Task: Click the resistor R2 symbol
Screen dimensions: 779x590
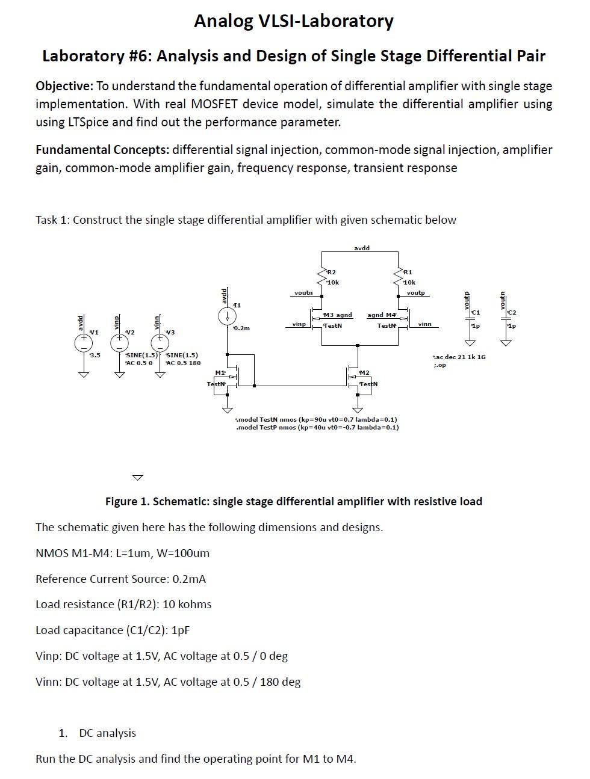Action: pyautogui.click(x=321, y=277)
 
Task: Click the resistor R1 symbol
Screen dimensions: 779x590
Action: pyautogui.click(x=398, y=277)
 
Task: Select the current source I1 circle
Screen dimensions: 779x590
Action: pyautogui.click(x=227, y=316)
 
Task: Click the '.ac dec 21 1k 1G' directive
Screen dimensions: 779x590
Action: pyautogui.click(x=459, y=357)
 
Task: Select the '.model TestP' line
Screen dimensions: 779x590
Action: pyautogui.click(x=317, y=428)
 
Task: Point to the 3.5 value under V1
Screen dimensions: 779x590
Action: pyautogui.click(x=95, y=356)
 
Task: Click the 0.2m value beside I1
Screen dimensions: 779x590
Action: pyautogui.click(x=241, y=328)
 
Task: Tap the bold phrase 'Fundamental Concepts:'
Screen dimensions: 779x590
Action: pyautogui.click(x=102, y=150)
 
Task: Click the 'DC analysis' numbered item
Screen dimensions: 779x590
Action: pyautogui.click(x=107, y=733)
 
